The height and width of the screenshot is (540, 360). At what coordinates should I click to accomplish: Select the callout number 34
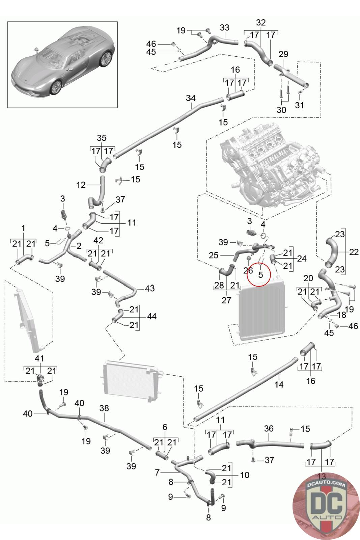coord(191,98)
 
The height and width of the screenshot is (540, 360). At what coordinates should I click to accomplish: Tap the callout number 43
coord(150,288)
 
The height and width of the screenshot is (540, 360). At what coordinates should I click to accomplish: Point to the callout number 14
coord(279,384)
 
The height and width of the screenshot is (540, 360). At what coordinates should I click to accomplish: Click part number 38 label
coord(104,408)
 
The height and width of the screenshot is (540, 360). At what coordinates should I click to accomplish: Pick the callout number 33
coord(224,27)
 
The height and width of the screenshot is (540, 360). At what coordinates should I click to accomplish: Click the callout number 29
coord(283,54)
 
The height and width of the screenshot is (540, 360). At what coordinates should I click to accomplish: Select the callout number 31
coord(299,105)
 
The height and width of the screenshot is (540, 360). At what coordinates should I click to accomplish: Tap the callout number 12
coord(81,185)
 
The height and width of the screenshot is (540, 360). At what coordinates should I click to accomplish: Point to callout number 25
coord(214,255)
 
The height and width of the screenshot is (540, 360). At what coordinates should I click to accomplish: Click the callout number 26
coord(248,270)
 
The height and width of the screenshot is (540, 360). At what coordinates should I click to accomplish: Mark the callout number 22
coord(354,252)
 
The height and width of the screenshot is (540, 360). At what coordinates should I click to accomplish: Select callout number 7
coord(157,473)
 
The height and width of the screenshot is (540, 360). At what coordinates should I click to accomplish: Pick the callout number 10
coord(245,475)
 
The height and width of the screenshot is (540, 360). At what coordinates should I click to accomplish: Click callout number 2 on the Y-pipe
coord(79,246)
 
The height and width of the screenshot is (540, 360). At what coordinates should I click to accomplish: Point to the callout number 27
coord(226,300)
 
